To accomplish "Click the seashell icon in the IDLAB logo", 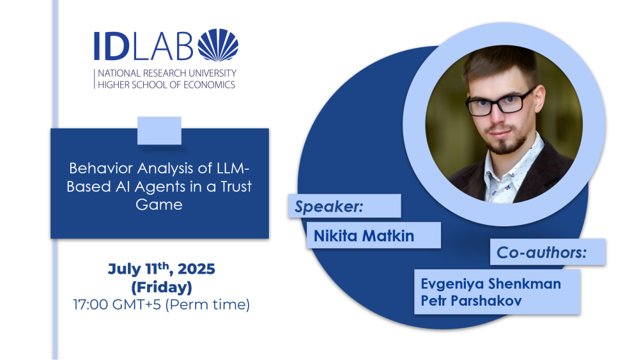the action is click(x=218, y=45).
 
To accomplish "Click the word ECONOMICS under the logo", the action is click(x=209, y=85).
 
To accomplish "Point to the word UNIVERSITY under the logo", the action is click(x=212, y=74).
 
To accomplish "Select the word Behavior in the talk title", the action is click(x=101, y=168).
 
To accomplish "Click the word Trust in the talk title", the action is click(x=236, y=186).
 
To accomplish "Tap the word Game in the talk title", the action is click(x=159, y=204).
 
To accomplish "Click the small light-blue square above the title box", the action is click(x=159, y=130).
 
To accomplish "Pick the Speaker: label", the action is click(x=328, y=207).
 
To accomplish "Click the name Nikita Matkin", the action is click(x=364, y=236).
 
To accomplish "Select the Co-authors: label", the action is click(x=542, y=253).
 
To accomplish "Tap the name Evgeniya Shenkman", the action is click(x=491, y=284).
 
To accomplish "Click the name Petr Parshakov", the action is click(x=471, y=301).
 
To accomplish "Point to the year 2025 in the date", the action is click(x=196, y=269).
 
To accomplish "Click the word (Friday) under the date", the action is click(x=162, y=288).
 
